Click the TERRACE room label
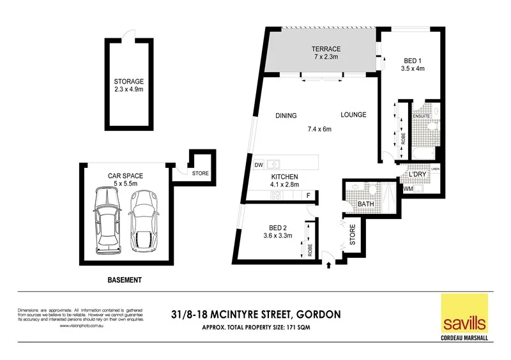pos(326,49)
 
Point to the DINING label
pos(286,116)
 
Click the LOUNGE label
pos(353,115)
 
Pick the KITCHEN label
pos(286,177)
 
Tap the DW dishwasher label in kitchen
pos(259,165)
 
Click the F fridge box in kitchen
pos(309,195)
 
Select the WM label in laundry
pos(408,189)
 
